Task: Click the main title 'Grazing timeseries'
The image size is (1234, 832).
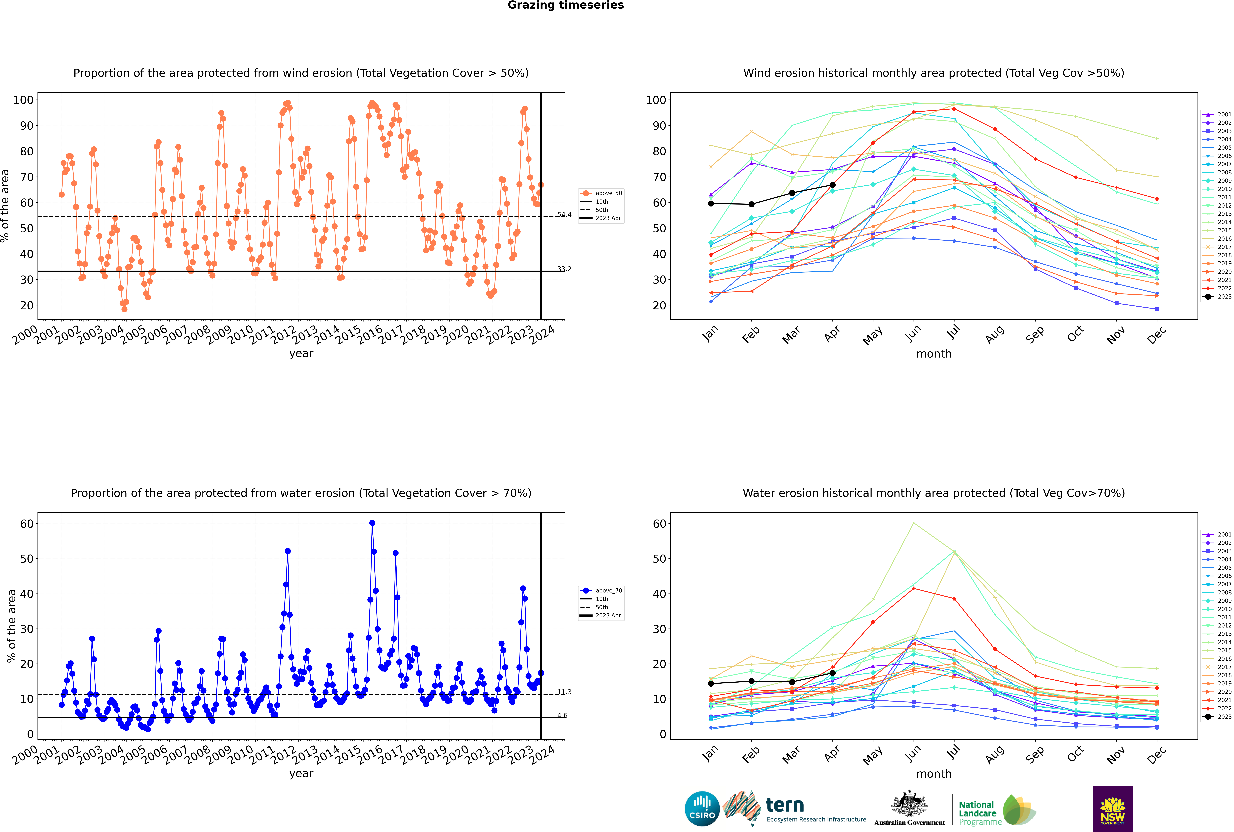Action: [x=566, y=5]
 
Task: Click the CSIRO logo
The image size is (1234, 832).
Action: [x=702, y=809]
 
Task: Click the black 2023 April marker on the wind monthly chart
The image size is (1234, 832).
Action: [x=832, y=185]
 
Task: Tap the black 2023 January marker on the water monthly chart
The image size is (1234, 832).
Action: [x=711, y=683]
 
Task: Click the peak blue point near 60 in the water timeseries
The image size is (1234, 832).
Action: [x=372, y=523]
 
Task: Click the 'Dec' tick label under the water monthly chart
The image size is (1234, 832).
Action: [x=1157, y=754]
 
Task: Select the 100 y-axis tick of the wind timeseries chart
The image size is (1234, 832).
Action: [x=23, y=100]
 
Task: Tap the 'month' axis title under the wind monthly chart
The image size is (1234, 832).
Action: [x=934, y=354]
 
